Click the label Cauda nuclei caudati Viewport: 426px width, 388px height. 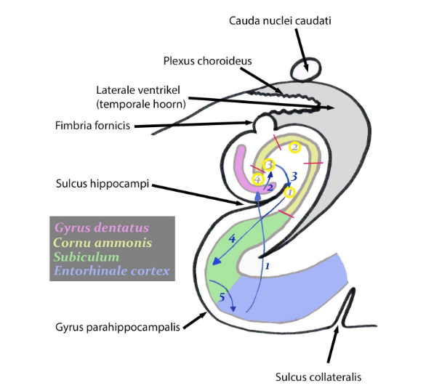click(280, 20)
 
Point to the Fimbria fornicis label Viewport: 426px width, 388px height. click(92, 126)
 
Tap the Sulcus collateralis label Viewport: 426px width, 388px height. click(318, 376)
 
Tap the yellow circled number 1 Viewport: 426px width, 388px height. click(289, 193)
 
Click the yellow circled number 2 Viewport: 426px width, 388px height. click(294, 147)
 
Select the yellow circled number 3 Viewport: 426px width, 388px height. click(269, 165)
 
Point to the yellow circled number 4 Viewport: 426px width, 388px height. click(256, 179)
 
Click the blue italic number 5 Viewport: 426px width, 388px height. click(222, 296)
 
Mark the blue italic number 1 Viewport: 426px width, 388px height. click(267, 267)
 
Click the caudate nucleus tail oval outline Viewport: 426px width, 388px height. click(305, 69)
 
